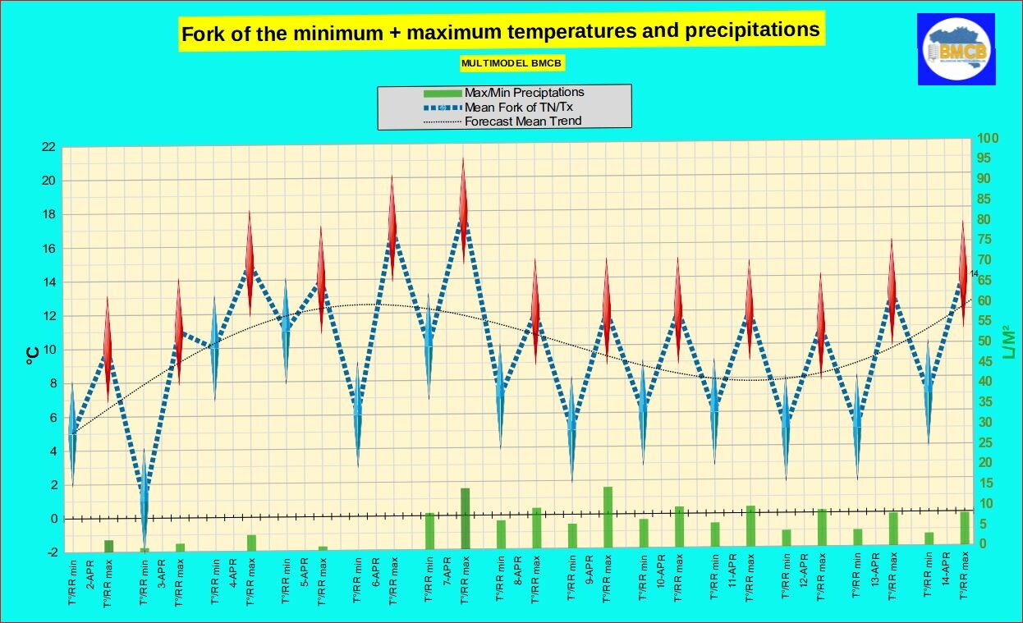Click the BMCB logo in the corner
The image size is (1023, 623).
coord(956,49)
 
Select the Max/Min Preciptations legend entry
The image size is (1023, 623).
coord(524,92)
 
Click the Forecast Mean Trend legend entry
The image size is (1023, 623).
coord(522,121)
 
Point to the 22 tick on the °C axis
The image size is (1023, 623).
coord(48,147)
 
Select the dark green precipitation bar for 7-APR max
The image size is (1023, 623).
coord(465,517)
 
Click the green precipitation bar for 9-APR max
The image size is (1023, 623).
coord(608,516)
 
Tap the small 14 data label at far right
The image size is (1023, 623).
coord(975,273)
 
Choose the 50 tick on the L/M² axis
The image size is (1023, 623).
coord(986,341)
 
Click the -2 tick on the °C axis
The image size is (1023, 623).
coord(51,552)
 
